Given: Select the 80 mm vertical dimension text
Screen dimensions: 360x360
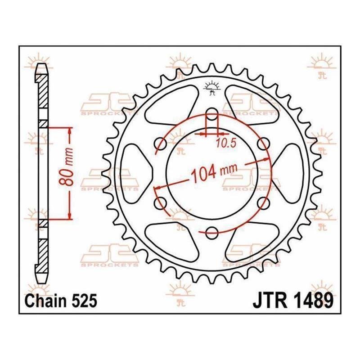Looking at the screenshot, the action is tap(67, 167).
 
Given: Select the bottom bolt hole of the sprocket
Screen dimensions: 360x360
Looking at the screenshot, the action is tap(211, 233).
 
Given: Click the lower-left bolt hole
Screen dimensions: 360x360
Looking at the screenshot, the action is tap(161, 203).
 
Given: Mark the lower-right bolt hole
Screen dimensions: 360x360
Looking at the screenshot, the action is tap(263, 203).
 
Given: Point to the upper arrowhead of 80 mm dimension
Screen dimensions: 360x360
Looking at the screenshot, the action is tap(70, 132).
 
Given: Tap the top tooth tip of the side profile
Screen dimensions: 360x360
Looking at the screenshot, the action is tap(42, 64).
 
